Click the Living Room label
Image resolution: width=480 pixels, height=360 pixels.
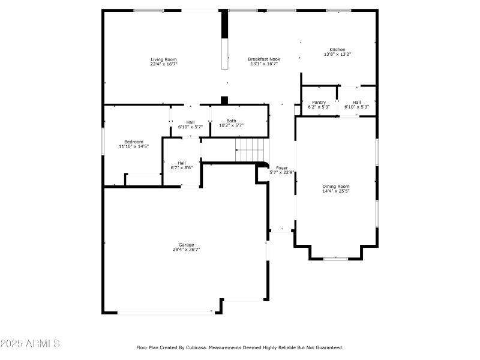(163, 59)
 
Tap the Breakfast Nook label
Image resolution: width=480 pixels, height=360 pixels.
(264, 59)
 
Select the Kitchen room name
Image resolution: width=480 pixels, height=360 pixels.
(337, 50)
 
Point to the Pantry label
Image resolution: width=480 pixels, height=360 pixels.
(319, 103)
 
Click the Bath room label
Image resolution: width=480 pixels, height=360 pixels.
(231, 121)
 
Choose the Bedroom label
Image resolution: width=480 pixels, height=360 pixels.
(134, 142)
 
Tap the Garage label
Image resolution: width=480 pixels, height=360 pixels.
(186, 245)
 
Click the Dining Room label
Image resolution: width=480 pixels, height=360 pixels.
(336, 187)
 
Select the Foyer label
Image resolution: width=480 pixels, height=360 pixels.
(281, 168)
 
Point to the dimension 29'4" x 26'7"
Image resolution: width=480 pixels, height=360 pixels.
(186, 250)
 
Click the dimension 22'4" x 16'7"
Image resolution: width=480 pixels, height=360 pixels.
(163, 64)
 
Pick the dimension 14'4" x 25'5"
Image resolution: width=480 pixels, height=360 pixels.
(336, 191)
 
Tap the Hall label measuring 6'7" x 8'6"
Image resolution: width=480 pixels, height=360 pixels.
(181, 163)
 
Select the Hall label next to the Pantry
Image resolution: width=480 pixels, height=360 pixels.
(356, 103)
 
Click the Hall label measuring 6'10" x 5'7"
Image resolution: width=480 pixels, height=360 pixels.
(190, 122)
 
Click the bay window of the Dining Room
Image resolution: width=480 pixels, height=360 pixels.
(336, 259)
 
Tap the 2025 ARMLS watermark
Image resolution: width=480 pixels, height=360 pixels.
(30, 344)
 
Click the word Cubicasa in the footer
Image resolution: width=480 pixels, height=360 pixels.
(205, 347)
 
